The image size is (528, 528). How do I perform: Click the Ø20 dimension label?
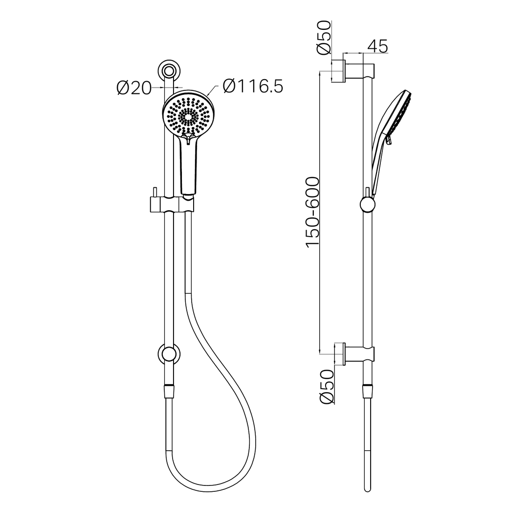pos(134,88)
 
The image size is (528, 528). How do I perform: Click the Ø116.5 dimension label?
pos(252,87)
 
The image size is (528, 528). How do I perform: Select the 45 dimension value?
pos(377,46)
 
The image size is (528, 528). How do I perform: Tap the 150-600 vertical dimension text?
pos(312,212)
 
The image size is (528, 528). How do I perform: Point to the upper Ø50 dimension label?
pos(324,38)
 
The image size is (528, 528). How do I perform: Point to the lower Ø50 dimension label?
pos(327,387)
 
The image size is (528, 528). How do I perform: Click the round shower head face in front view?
pos(188,115)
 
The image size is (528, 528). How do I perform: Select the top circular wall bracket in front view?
pos(169,71)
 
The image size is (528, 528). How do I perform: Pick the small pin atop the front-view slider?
pos(154,191)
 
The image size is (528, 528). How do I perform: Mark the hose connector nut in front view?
pos(169,391)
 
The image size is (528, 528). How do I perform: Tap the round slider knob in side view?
pos(367,204)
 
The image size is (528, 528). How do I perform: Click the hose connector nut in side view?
pos(367,391)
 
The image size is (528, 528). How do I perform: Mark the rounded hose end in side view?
pos(367,487)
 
